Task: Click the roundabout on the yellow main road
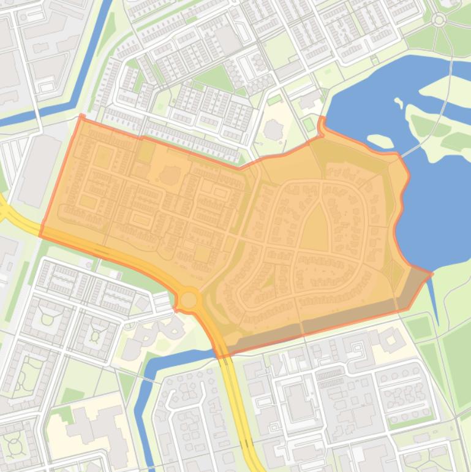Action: (189, 300)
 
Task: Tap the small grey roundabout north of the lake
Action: (439, 20)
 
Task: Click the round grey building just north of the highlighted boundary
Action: (273, 129)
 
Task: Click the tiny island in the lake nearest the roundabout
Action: (399, 102)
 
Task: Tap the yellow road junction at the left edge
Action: (5, 211)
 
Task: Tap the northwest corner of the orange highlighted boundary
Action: (80, 116)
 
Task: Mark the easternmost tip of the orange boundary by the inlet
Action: (432, 273)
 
